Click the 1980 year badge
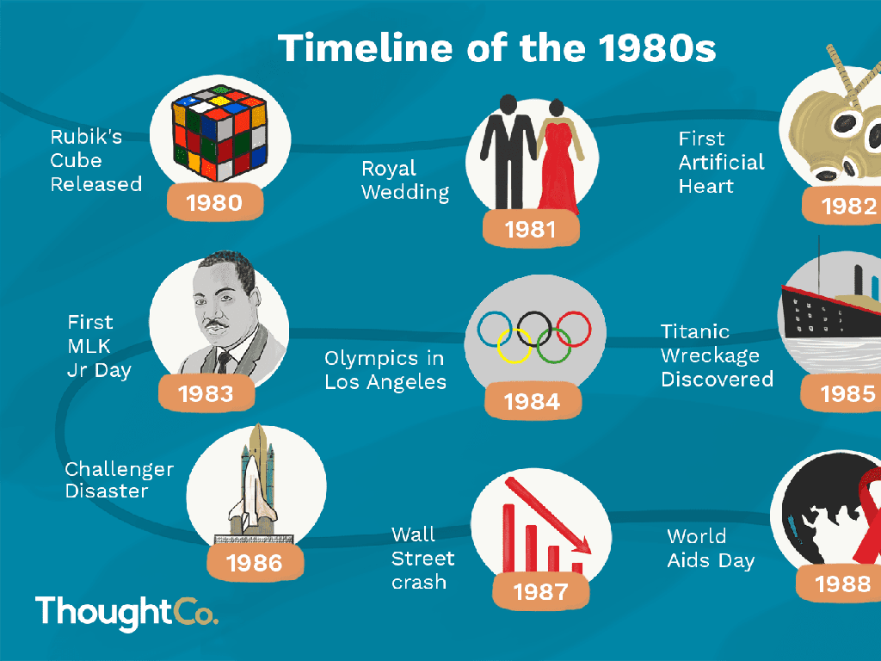click(214, 202)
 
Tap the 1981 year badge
click(530, 229)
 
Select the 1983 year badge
click(206, 393)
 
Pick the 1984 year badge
click(533, 401)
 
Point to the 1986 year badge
click(255, 563)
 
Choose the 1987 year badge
click(541, 591)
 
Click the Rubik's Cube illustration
click(219, 132)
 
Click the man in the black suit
click(508, 151)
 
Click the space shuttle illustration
click(253, 484)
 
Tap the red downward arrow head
click(582, 544)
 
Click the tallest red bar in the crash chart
click(508, 538)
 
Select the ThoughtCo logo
click(127, 612)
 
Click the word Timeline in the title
click(365, 48)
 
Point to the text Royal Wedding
click(405, 180)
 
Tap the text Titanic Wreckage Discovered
click(717, 355)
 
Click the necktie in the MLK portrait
click(224, 362)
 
